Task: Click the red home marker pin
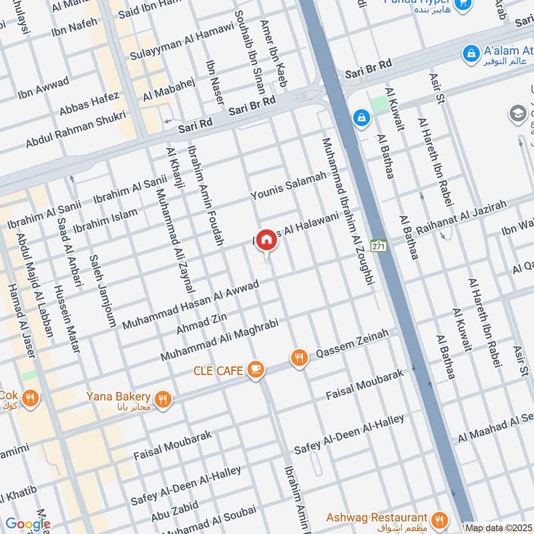point(266,240)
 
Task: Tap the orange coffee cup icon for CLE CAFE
point(255,369)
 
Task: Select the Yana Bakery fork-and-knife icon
point(163,400)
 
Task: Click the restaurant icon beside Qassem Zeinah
point(300,358)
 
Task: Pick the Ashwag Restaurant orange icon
point(440,519)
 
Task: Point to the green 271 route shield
point(379,246)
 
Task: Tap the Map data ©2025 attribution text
point(499,528)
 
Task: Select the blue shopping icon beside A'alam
point(471,52)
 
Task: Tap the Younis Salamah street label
point(288,186)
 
